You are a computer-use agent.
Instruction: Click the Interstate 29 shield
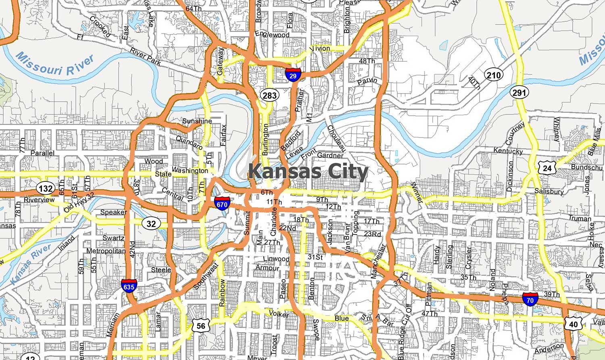click(x=293, y=75)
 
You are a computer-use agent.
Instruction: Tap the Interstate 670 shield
click(x=222, y=203)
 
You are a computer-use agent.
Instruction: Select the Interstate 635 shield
click(x=129, y=286)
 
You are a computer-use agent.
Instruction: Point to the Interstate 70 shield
click(x=530, y=299)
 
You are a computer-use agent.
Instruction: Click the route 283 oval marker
click(x=269, y=96)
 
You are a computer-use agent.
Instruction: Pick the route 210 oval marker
click(x=493, y=75)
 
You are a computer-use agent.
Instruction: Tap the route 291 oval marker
click(x=519, y=93)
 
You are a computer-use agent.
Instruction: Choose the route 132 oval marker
click(x=46, y=188)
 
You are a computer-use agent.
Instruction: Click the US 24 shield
click(x=547, y=168)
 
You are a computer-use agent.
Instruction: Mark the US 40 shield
click(x=573, y=324)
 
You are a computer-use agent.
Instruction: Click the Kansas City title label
click(x=308, y=172)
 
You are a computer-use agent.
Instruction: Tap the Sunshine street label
click(x=197, y=121)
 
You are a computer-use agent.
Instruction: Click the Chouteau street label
click(x=336, y=139)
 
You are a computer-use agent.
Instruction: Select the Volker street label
click(x=278, y=314)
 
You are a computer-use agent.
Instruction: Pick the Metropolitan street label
click(x=106, y=251)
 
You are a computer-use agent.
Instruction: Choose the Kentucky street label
click(x=508, y=151)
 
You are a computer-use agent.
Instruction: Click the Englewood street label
click(x=272, y=35)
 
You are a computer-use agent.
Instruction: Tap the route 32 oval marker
click(x=151, y=224)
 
